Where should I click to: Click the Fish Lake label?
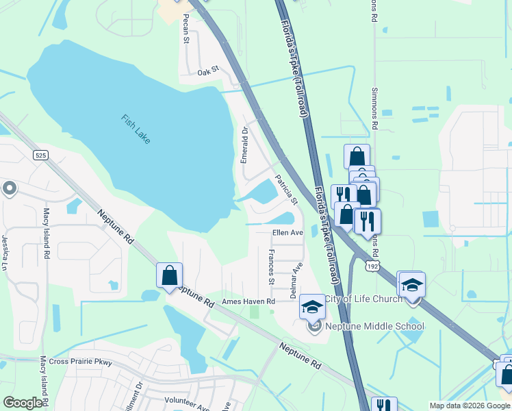[136, 129]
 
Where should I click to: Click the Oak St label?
[207, 71]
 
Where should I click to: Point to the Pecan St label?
[185, 32]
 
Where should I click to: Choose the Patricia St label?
[286, 190]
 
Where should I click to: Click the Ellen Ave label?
[287, 233]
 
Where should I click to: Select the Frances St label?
[272, 268]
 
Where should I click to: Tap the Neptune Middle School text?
[375, 326]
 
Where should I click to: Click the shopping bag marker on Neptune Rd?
[169, 276]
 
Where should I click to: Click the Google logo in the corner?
[22, 403]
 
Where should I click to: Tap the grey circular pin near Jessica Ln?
[9, 188]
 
